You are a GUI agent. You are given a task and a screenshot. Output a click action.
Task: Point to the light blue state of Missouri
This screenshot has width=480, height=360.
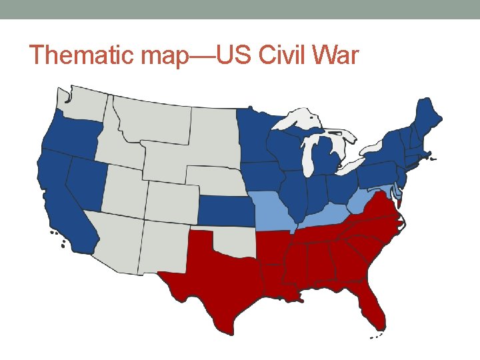pos(270,210)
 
